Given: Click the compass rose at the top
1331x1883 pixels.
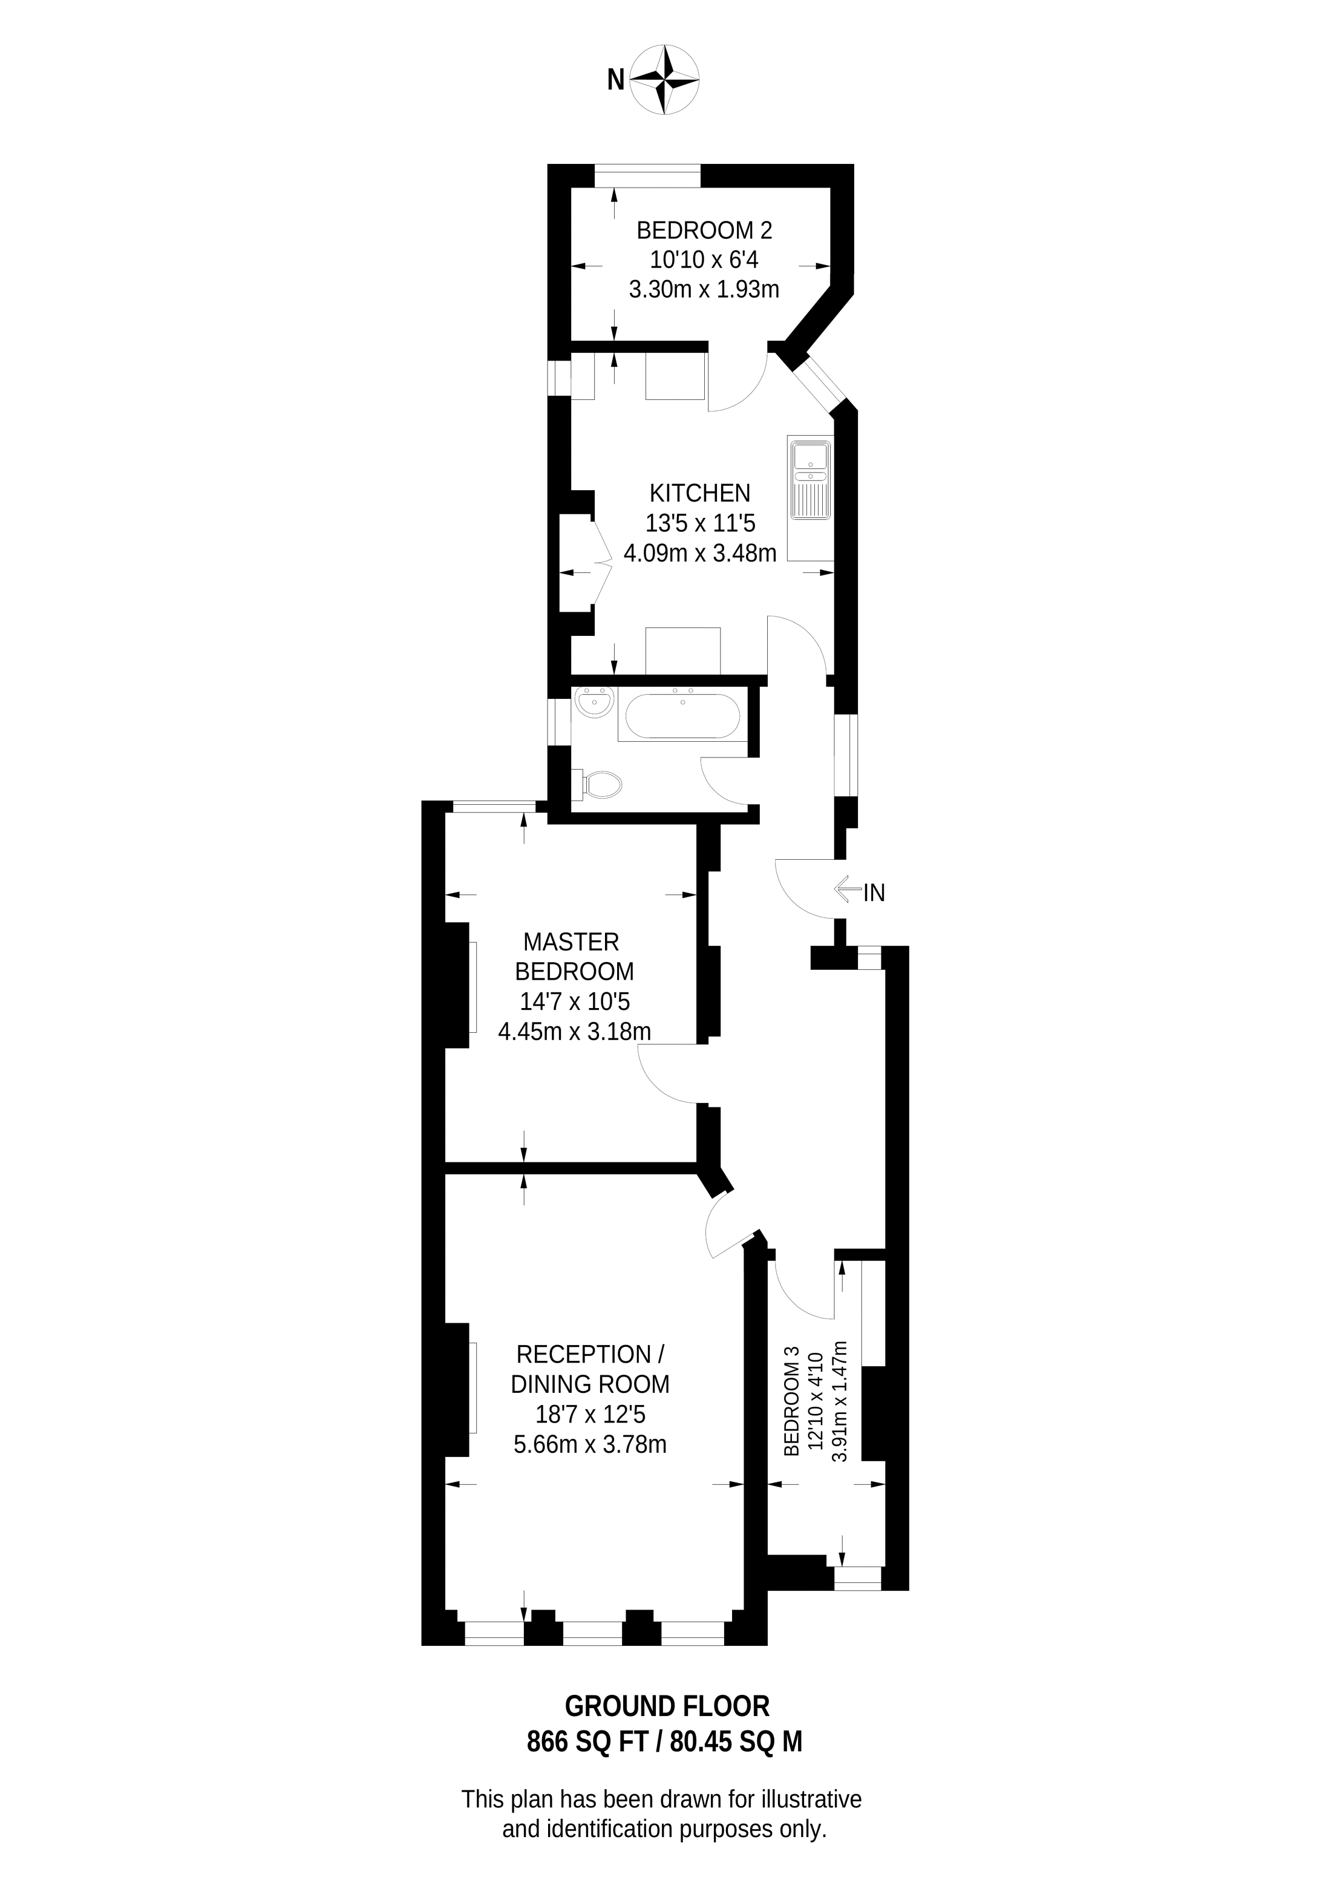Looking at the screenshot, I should (665, 79).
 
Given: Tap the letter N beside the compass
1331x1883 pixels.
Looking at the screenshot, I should (615, 79).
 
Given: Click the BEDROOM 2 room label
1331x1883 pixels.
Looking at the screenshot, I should (704, 230).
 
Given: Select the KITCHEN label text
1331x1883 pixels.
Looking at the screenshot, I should (699, 493).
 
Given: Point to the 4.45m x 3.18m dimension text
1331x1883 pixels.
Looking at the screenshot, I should (574, 1031).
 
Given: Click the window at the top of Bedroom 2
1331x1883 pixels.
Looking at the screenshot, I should (648, 176).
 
